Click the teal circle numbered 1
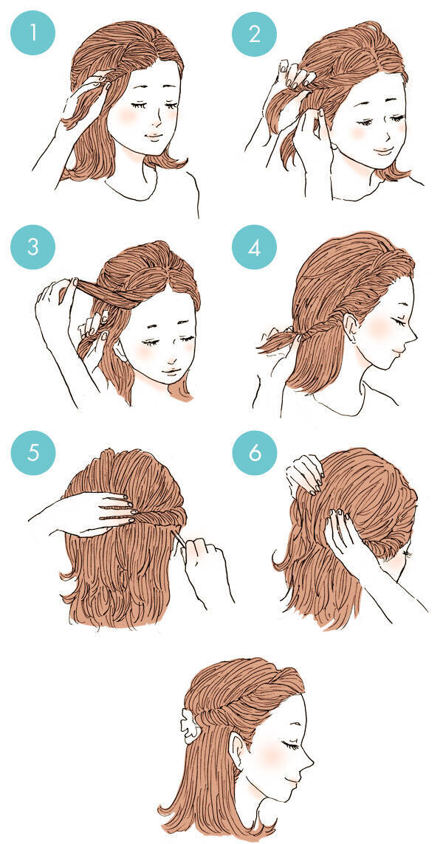click(33, 32)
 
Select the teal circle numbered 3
click(33, 247)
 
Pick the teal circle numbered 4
click(255, 247)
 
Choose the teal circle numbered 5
click(33, 453)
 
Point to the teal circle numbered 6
click(255, 453)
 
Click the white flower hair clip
click(191, 723)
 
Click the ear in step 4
click(350, 328)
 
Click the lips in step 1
click(153, 136)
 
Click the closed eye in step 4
click(399, 320)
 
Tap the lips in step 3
click(171, 371)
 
